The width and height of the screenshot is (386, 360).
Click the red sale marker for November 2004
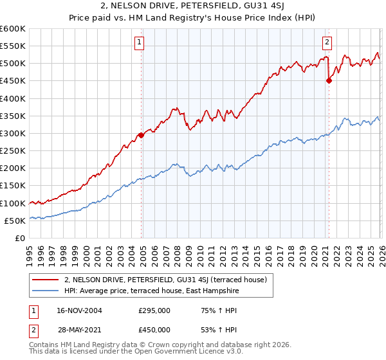[x=141, y=135]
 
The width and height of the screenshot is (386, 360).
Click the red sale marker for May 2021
[x=329, y=81]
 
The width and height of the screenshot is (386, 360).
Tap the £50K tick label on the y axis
[x=14, y=221]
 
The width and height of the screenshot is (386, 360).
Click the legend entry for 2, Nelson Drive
[x=169, y=280]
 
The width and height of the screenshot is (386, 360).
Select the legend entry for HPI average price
[x=152, y=291]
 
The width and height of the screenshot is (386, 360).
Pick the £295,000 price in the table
[x=154, y=310]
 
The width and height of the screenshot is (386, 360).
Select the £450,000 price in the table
[x=154, y=329]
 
